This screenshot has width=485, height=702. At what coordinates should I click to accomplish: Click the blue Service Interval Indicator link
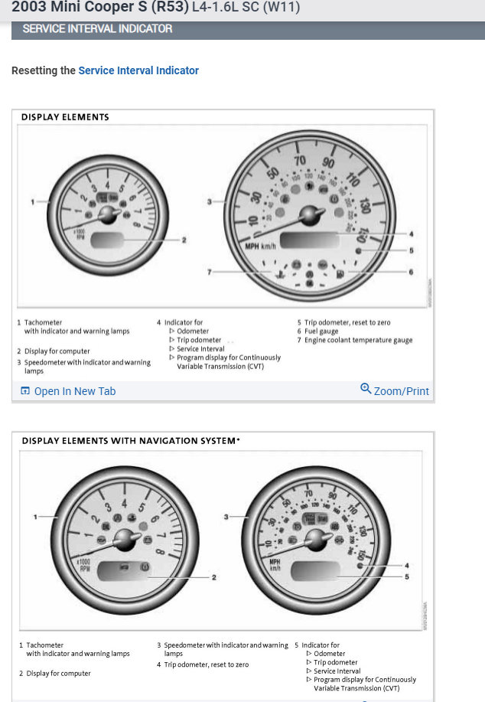point(138,70)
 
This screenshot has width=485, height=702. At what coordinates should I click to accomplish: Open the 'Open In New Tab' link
point(74,391)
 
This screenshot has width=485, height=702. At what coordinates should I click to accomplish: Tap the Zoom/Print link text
point(401,391)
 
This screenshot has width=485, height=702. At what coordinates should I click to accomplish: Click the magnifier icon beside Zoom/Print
point(366,389)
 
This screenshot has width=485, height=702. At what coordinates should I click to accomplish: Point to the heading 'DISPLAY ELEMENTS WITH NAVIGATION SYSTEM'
point(131,441)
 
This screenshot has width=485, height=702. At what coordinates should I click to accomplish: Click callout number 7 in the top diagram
point(210,272)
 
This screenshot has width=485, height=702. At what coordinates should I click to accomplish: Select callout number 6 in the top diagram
point(412,272)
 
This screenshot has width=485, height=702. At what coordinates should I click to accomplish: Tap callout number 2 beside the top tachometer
point(184,240)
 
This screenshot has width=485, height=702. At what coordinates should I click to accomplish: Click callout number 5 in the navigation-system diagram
point(407,576)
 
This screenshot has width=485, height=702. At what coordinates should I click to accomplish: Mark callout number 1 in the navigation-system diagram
point(34,517)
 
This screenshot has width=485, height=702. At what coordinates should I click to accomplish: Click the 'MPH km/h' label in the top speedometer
point(260,246)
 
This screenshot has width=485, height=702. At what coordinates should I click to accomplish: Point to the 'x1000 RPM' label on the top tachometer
point(78,233)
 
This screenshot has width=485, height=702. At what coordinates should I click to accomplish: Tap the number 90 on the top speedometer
point(328,162)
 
